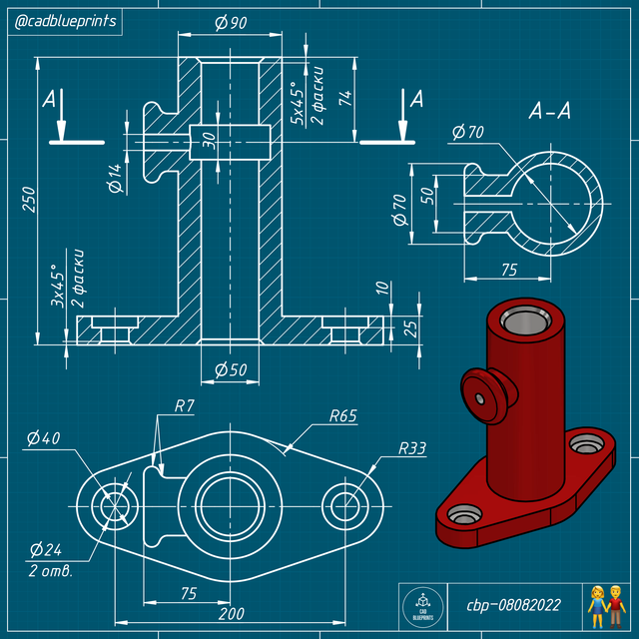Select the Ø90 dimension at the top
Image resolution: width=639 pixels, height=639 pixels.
231,23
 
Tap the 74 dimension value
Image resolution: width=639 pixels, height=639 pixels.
345,97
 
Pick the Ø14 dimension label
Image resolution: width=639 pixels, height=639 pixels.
117,177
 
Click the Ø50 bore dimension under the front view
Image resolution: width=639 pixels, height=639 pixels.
231,370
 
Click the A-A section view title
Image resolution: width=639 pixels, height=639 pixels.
549,113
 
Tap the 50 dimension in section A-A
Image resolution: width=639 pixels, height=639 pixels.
426,196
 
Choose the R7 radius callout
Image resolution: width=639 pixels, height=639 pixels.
183,406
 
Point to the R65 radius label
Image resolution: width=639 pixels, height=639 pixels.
342,416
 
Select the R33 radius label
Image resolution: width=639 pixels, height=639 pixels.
411,449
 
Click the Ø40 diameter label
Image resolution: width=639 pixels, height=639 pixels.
44,438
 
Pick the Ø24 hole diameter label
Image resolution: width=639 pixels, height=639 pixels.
46,550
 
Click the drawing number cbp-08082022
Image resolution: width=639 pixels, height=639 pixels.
514,605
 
